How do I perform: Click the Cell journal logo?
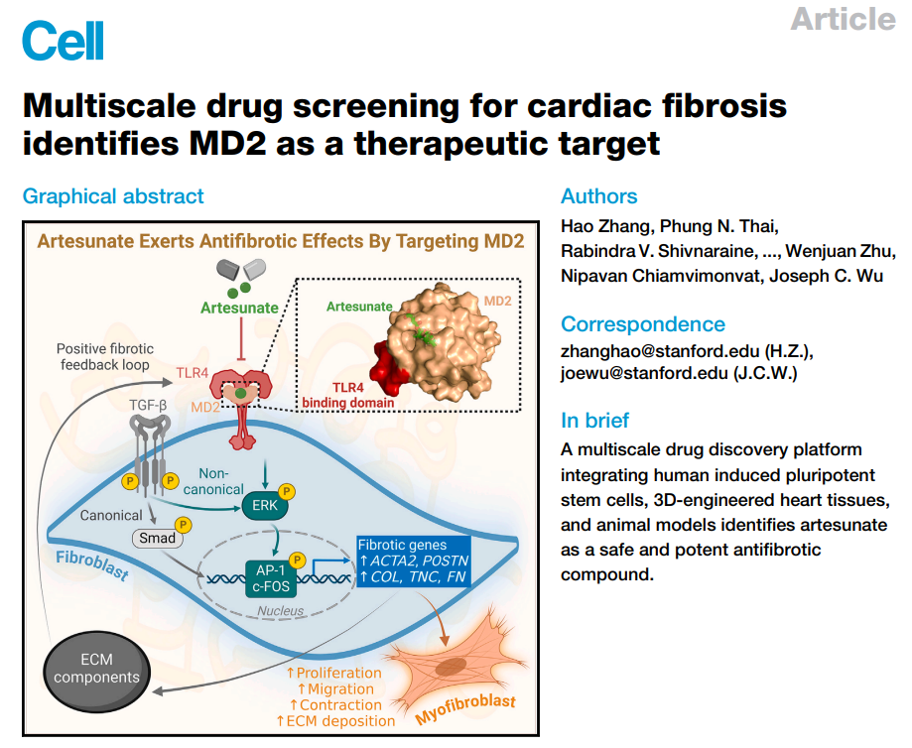pos(62,41)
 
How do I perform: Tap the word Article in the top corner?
pos(843,18)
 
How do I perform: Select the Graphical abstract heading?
pos(113,196)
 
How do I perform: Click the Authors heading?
pos(599,196)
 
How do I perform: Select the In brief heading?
pos(594,421)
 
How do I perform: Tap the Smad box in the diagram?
pos(157,538)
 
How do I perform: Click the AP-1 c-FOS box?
pos(272,576)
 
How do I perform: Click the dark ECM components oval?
pos(96,669)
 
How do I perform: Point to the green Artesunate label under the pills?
pos(239,309)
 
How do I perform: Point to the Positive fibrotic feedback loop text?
pos(103,357)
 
